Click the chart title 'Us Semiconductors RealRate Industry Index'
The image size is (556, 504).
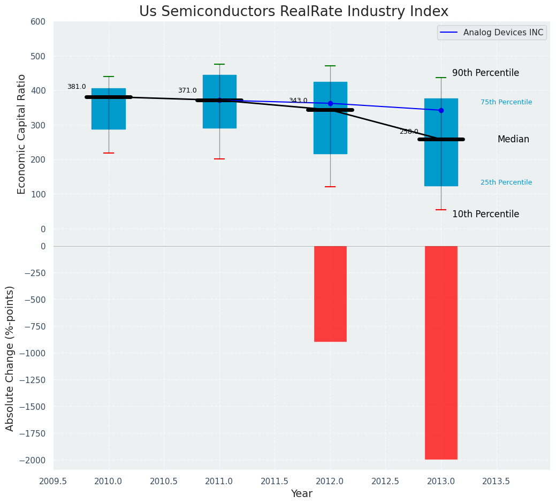point(293,12)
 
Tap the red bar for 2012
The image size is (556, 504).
point(330,293)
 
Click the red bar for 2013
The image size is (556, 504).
point(441,352)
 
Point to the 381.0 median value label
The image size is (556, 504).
point(77,87)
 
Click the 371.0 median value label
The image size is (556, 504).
point(187,90)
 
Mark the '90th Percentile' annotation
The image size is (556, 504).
point(485,73)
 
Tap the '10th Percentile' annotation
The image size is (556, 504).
point(485,214)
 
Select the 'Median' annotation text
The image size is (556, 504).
point(513,139)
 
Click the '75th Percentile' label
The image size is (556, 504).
point(506,102)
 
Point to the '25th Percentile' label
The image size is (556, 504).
point(506,182)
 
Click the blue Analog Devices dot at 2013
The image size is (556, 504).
point(441,110)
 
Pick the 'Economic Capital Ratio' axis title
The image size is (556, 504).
point(22,134)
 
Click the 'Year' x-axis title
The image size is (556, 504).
point(302,494)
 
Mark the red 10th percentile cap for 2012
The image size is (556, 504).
point(330,187)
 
